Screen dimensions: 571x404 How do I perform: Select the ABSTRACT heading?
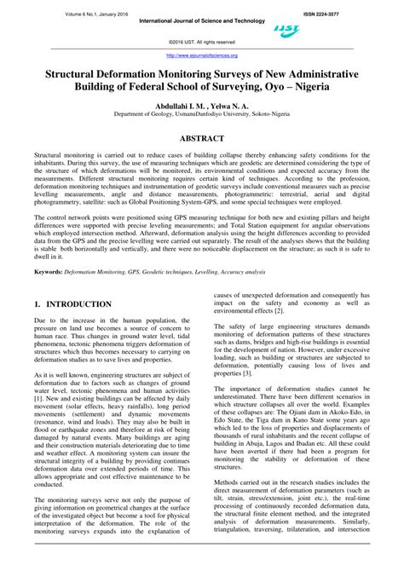point(201,138)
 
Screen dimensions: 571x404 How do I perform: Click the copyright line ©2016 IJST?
point(202,42)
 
